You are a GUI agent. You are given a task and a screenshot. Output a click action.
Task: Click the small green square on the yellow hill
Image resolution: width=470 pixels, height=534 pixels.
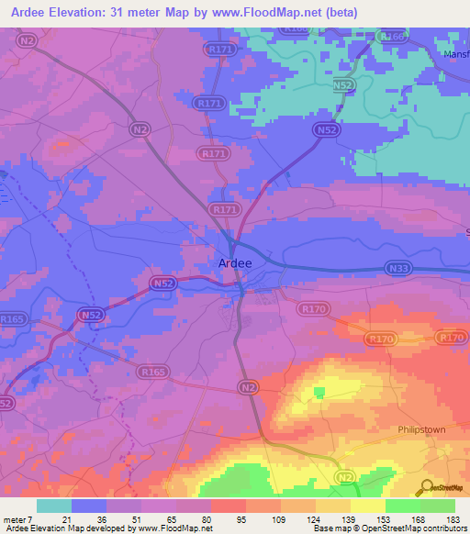click(319, 393)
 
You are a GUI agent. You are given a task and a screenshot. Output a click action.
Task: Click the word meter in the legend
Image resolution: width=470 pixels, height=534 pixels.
click(17, 520)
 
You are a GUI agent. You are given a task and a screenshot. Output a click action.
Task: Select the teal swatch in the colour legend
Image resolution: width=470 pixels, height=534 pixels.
click(54, 506)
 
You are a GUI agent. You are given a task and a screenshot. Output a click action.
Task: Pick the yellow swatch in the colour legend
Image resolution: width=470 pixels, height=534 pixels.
click(367, 506)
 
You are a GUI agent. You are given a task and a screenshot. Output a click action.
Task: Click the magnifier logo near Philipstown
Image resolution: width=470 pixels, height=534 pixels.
click(425, 487)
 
